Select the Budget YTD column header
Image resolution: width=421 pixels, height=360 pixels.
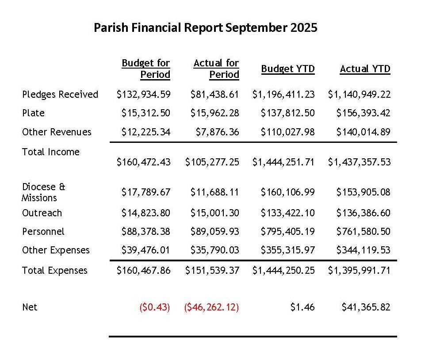288,69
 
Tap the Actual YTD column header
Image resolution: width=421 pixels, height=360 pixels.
365,69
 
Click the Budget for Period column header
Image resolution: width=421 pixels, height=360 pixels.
146,69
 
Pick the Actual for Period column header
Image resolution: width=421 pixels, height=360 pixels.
216,69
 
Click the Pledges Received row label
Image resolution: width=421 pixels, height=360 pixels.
60,94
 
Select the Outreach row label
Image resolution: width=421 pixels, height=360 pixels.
42,213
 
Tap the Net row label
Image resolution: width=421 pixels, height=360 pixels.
30,307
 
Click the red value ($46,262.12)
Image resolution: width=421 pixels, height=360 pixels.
211,307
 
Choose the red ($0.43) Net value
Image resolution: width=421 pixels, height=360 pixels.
155,307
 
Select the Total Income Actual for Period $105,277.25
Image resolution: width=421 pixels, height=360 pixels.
212,162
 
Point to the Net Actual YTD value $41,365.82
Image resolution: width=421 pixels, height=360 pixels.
366,307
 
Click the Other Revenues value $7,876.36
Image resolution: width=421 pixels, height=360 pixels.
215,132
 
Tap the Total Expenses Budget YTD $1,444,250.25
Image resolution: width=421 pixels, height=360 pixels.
283,270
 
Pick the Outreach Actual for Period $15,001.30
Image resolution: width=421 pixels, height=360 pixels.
215,213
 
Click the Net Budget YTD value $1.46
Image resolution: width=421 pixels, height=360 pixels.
303,307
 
